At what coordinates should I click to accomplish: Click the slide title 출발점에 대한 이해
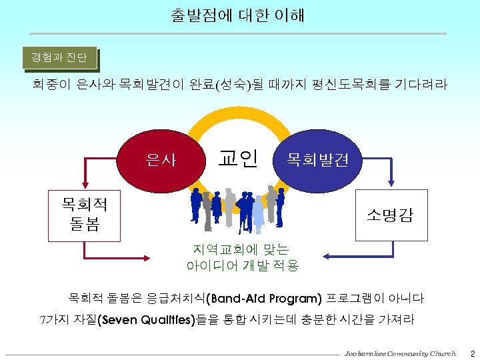point(237,15)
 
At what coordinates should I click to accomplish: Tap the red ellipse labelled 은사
point(162,160)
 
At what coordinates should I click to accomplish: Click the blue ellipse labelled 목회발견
point(317,160)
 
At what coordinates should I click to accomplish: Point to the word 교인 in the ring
point(238,158)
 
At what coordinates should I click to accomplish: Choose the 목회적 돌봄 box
point(84,215)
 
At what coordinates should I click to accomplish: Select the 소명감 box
point(389,215)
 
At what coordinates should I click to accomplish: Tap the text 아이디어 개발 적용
point(243,265)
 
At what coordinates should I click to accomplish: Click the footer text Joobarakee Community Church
point(400,352)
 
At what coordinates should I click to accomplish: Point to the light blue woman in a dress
point(258,211)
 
